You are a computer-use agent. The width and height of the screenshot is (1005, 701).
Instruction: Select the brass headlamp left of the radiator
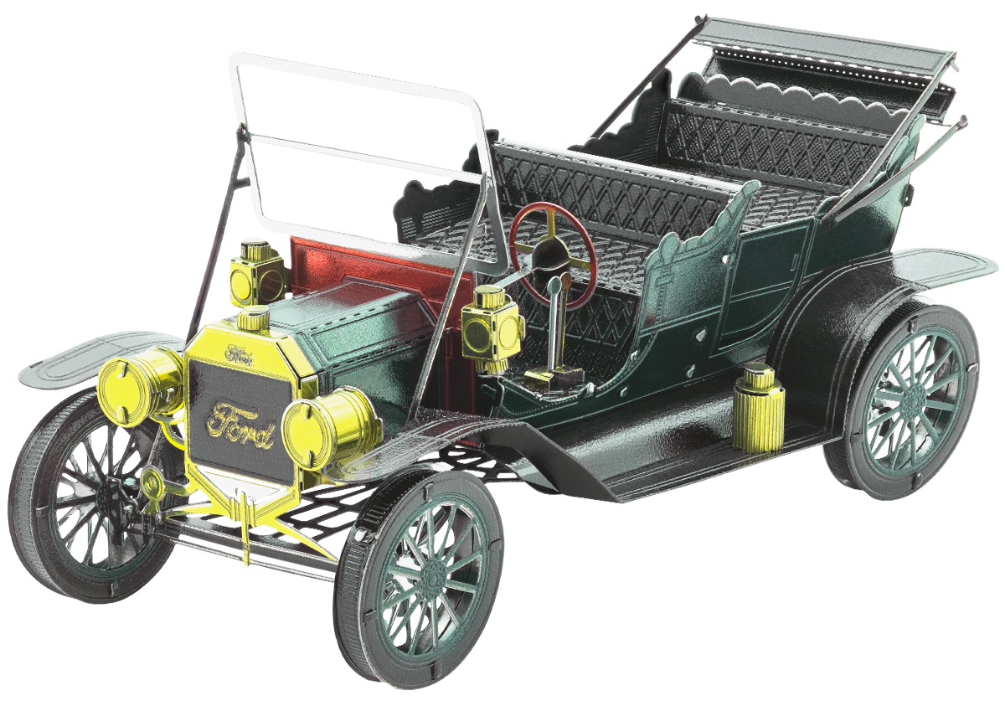(x=139, y=387)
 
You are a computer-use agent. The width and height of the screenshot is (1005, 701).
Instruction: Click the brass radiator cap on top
(x=253, y=319)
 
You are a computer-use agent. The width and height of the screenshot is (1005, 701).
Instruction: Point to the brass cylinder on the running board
(x=759, y=408)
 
